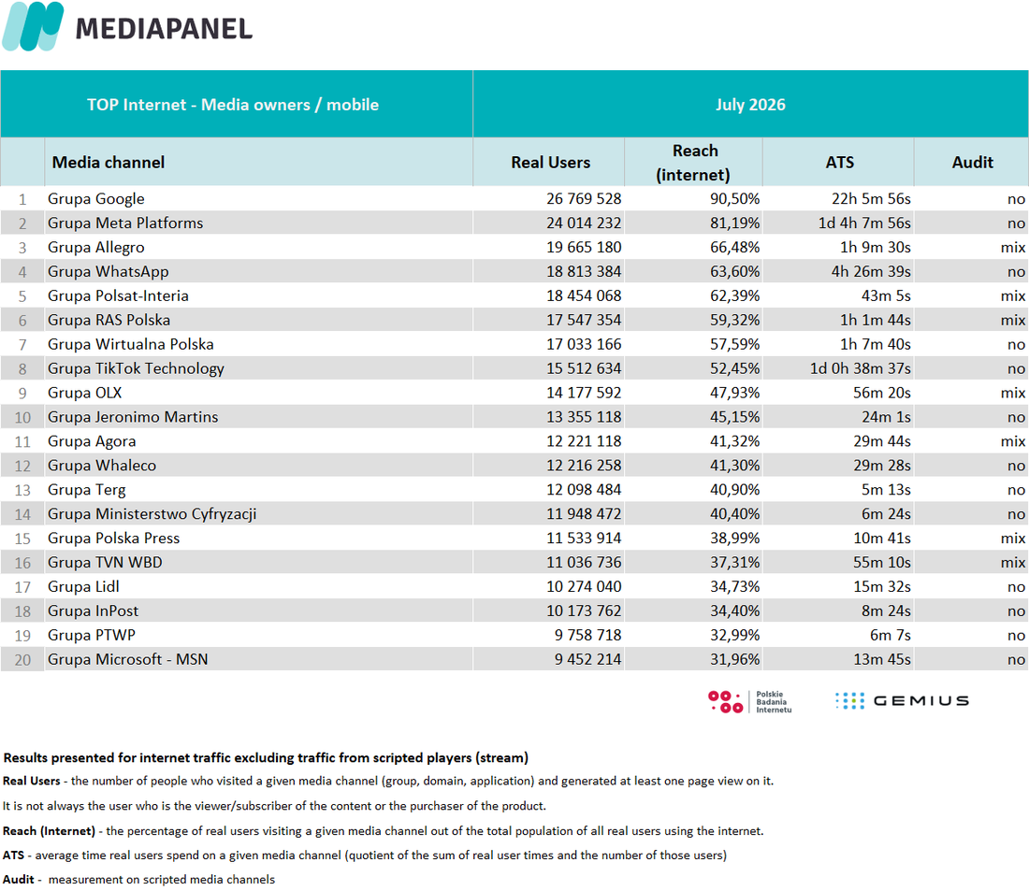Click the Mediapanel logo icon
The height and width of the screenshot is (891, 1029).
pos(33,26)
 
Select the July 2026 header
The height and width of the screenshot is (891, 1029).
pos(750,105)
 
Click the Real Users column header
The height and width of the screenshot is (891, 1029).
pos(551,163)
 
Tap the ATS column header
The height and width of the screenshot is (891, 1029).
pos(839,163)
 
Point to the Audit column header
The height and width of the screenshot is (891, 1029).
pos(973,163)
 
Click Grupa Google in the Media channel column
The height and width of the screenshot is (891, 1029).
pos(95,199)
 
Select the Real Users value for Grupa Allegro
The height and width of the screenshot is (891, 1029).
pos(584,248)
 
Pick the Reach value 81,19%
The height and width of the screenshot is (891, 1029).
pos(734,223)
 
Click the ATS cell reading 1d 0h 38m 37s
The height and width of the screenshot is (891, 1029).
pos(860,368)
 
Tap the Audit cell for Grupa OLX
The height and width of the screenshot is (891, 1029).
pos(1012,393)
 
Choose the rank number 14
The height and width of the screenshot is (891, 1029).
pos(23,514)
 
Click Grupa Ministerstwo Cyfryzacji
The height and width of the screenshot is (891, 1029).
pos(152,514)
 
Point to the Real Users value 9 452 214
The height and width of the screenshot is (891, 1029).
pos(587,659)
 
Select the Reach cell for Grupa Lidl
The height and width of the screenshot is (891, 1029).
pos(734,586)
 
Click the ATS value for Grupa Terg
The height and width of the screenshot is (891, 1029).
pos(886,490)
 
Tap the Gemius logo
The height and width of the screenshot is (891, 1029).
pos(902,700)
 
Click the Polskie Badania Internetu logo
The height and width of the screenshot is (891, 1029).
pos(749,701)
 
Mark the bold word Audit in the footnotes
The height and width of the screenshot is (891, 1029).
pos(19,879)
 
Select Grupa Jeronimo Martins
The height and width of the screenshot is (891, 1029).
pos(133,417)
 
